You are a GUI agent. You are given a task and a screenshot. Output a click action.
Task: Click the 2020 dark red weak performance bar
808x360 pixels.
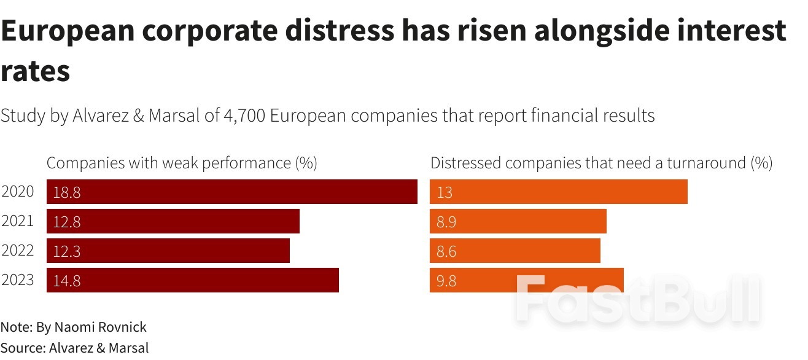tap(232, 192)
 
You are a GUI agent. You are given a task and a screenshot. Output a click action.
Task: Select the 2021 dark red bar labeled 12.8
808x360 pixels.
tap(173, 221)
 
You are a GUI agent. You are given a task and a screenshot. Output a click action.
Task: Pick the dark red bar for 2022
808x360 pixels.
tap(168, 251)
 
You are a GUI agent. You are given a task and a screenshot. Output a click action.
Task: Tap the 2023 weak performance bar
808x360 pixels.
tap(193, 280)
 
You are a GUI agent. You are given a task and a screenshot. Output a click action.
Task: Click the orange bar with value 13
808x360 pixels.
tap(558, 192)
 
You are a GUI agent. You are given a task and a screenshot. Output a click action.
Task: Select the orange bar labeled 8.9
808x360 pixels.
tap(518, 221)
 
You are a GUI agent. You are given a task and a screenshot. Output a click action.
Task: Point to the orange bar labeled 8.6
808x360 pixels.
tap(515, 251)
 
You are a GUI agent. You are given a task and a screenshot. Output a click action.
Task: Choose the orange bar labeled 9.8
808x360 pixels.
tap(526, 280)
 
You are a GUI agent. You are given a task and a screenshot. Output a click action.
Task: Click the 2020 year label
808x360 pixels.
tap(18, 192)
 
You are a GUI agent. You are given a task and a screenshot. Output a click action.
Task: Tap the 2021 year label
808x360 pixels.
tap(18, 221)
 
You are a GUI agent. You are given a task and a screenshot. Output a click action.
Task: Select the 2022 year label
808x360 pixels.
tap(18, 251)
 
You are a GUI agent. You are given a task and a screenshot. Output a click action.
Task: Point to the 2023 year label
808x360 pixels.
tap(18, 281)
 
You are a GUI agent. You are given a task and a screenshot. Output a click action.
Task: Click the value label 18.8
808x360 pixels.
tap(67, 192)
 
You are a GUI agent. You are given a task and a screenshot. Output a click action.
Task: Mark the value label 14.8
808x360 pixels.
tap(67, 281)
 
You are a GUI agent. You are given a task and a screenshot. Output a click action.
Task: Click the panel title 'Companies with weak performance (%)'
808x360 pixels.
tap(182, 163)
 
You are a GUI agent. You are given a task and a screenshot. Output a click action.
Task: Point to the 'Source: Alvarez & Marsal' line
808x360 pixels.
tap(74, 348)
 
